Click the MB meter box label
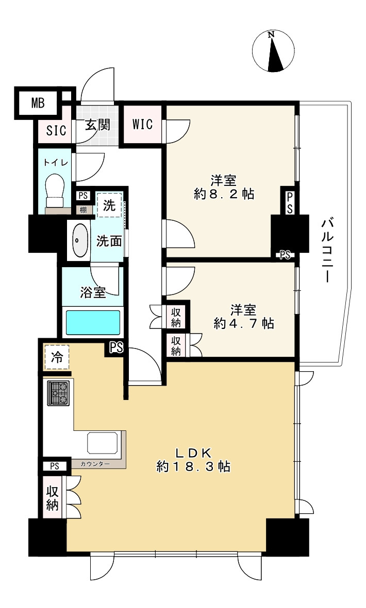point(38,103)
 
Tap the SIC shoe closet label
point(56,130)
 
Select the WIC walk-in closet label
point(142,124)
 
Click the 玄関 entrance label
point(97,125)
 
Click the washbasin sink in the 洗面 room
point(79,240)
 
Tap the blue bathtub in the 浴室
point(93,322)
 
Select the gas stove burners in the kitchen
point(58,393)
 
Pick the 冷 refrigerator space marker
point(57,357)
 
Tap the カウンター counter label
point(95,464)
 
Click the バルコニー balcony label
point(326,251)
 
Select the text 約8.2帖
point(224,194)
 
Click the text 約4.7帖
point(244,323)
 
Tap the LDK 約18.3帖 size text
point(193,460)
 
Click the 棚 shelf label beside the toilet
point(83,210)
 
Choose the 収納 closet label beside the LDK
point(53,498)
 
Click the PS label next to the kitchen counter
point(54,466)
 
